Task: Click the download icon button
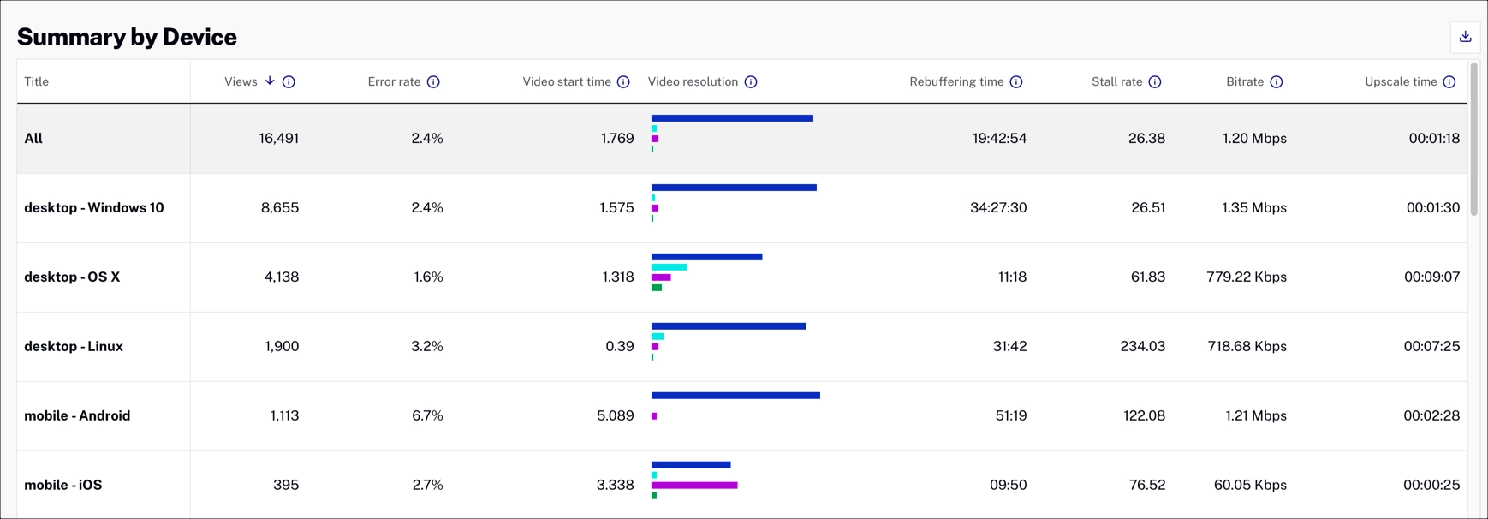1465,37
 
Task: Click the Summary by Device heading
127,37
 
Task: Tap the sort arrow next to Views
270,81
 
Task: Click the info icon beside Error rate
433,82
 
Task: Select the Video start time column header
567,82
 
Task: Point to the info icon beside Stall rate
1155,82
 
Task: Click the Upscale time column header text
1401,82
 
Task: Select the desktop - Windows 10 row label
94,208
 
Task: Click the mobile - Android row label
77,416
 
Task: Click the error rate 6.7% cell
427,416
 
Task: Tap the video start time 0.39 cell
620,347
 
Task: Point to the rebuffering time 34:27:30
998,208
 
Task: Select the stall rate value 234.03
1143,347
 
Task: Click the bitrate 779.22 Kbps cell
1247,277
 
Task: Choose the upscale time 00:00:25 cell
1431,486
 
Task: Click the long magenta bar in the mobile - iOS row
694,486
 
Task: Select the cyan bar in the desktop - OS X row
669,267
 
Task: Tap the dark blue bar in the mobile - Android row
735,396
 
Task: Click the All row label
33,139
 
